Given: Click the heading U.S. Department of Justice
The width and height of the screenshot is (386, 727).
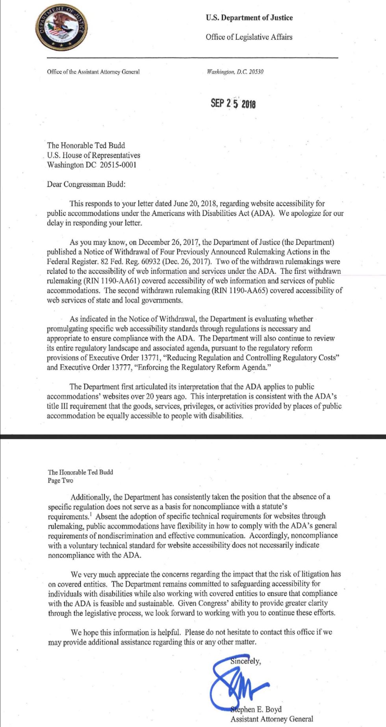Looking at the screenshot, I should pyautogui.click(x=249, y=18).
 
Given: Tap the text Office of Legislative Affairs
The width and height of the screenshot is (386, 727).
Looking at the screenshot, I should pyautogui.click(x=249, y=37).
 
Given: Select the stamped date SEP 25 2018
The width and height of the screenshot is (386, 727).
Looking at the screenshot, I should pyautogui.click(x=233, y=104).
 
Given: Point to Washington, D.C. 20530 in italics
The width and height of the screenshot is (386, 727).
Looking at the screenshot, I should pyautogui.click(x=235, y=72).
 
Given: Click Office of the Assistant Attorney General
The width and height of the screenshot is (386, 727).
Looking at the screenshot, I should pyautogui.click(x=93, y=72).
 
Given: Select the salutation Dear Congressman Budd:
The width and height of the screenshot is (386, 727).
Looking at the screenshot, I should pyautogui.click(x=86, y=184).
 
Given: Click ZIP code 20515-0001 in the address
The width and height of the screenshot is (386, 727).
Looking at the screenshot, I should pyautogui.click(x=118, y=165).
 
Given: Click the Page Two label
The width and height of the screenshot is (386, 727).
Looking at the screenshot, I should pyautogui.click(x=60, y=481).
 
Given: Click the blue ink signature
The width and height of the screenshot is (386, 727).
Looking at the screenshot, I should pyautogui.click(x=236, y=682).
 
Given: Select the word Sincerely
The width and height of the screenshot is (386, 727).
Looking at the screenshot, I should pyautogui.click(x=245, y=661).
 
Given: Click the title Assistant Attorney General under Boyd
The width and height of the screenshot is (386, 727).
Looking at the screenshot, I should pyautogui.click(x=272, y=719).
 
